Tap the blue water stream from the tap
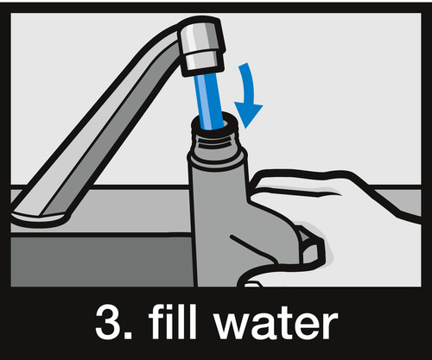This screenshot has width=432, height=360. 208,101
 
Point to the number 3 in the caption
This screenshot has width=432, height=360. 109,322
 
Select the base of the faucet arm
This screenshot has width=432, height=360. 41,218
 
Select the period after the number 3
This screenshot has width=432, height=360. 129,335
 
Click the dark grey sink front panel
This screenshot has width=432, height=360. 102,262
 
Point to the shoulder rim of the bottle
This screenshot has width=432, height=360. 218,157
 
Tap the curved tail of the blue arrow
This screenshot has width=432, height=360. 246,79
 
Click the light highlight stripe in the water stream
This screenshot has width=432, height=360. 208,101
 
